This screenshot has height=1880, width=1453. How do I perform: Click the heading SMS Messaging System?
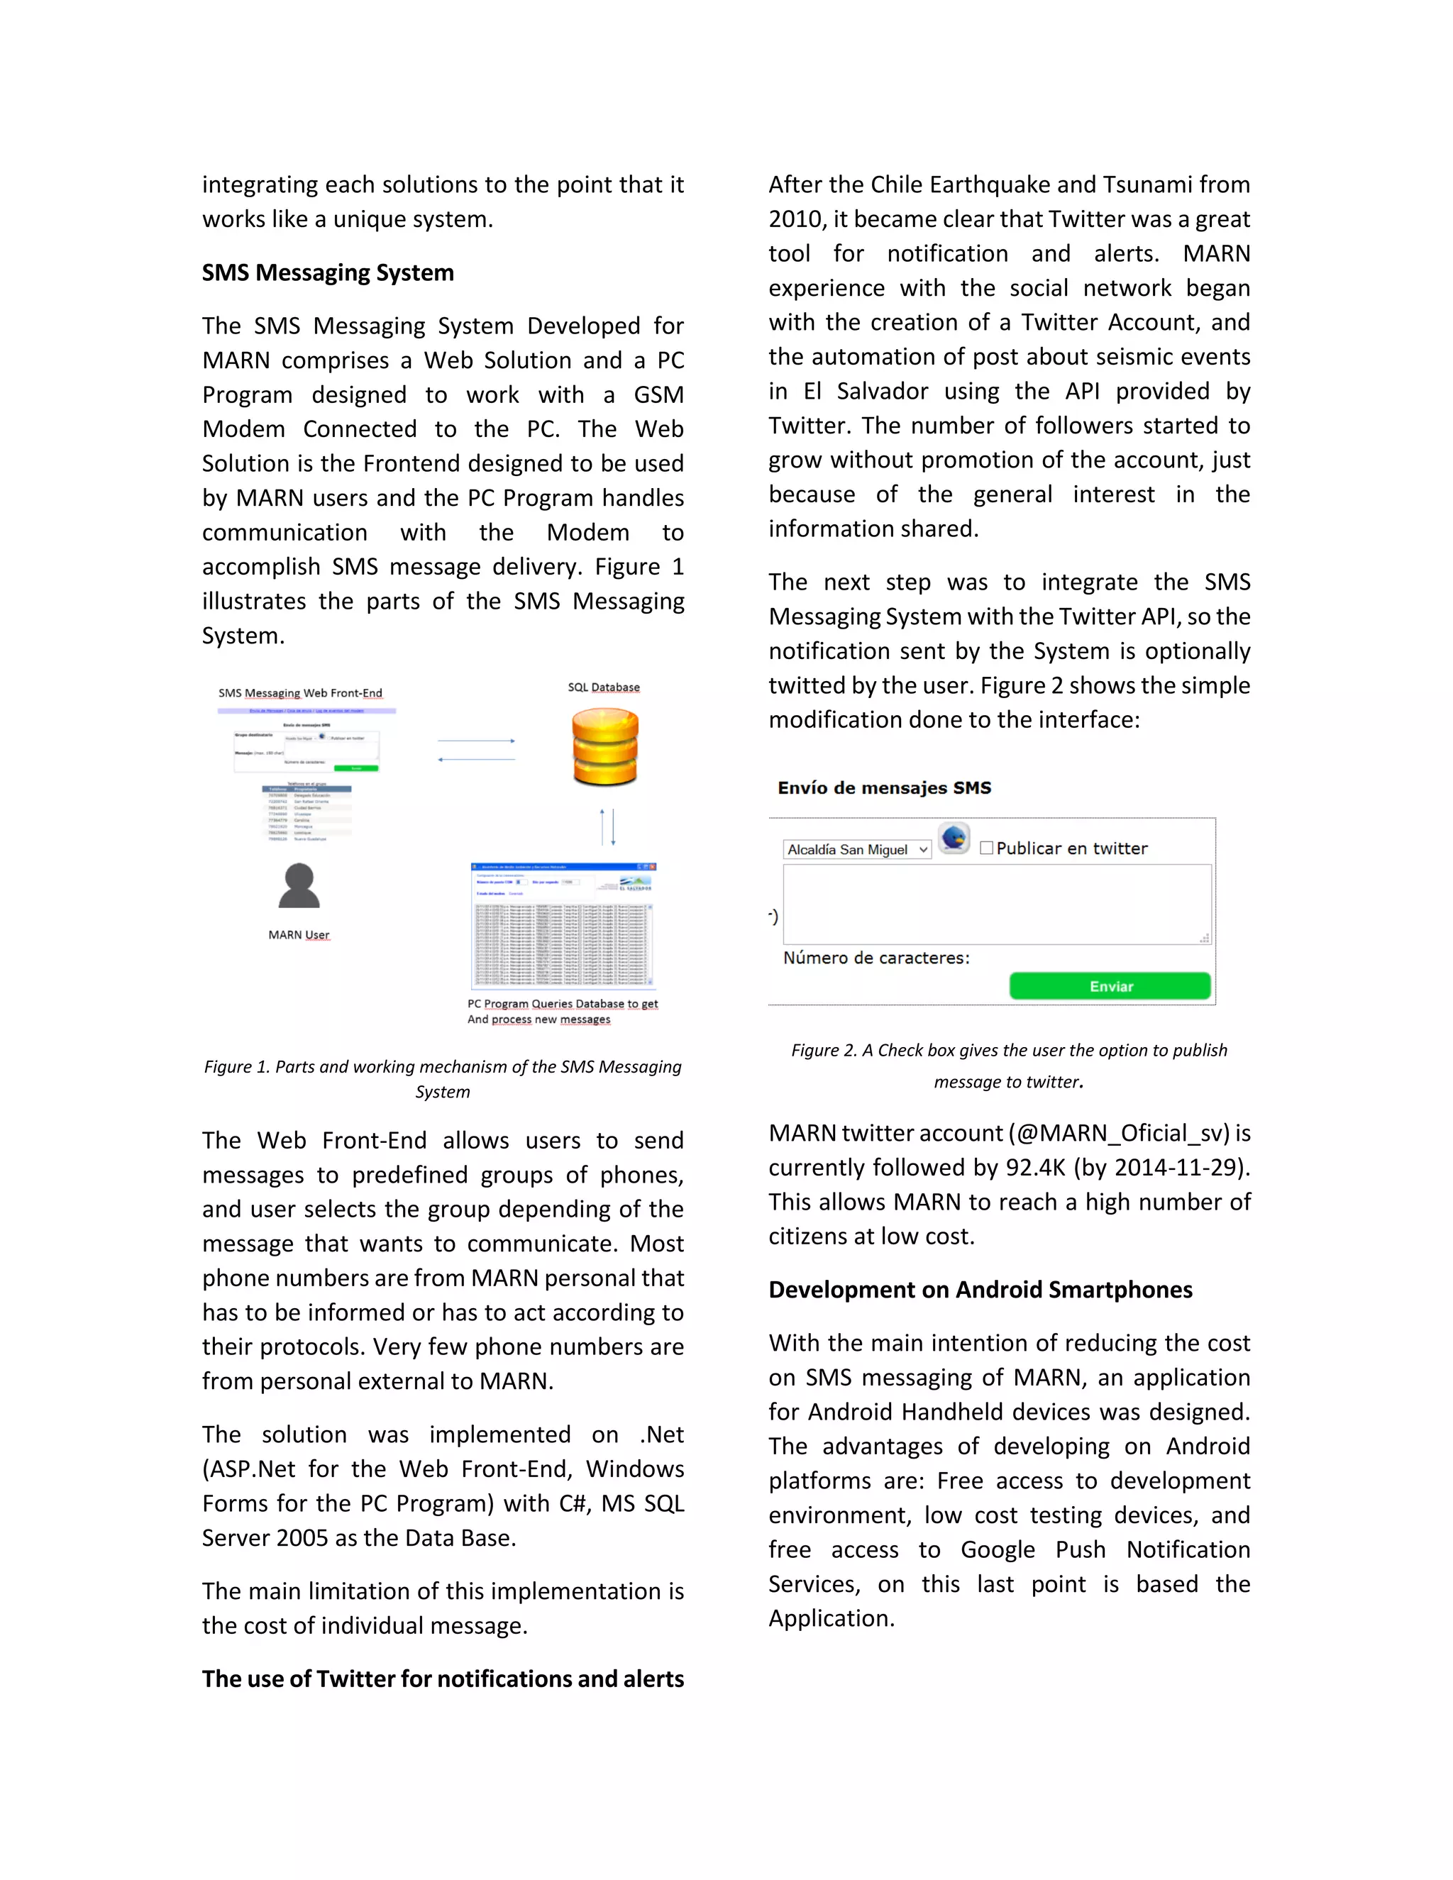pos(327,273)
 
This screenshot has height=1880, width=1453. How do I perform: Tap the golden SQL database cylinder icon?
pos(605,746)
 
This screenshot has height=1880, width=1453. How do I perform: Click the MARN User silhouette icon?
pos(299,886)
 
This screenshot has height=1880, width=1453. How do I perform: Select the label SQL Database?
pos(604,687)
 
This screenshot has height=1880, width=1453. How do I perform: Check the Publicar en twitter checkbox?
pos(986,848)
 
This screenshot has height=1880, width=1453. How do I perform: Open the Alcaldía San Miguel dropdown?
pos(857,850)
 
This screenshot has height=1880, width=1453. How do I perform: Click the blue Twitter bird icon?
pos(954,838)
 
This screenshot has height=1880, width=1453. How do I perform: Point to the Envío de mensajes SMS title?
pos(884,787)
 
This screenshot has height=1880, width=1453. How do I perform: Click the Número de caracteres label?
pos(875,958)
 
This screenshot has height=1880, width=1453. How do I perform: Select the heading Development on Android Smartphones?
pos(980,1290)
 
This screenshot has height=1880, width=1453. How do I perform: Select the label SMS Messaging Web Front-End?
pos(299,693)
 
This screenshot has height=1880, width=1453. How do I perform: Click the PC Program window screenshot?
pos(564,925)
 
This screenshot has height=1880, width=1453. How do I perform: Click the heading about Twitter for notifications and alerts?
pos(443,1679)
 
